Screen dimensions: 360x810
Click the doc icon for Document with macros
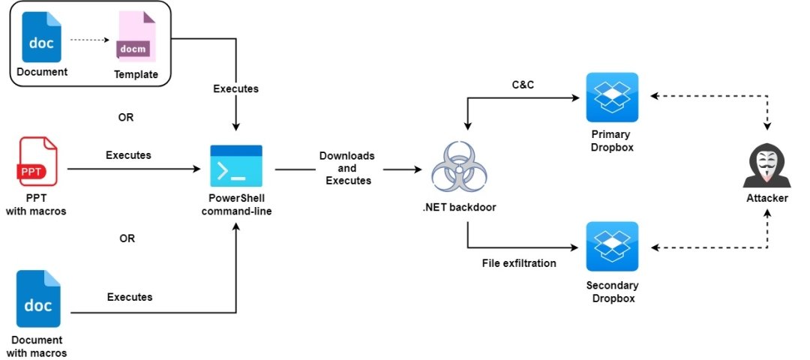pos(37,300)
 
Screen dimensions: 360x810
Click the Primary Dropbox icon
pos(612,97)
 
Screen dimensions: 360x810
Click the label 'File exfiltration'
pos(518,262)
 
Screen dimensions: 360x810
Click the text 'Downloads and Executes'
pos(346,169)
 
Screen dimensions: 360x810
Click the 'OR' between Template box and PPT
pos(127,118)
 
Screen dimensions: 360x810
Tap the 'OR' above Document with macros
pos(127,238)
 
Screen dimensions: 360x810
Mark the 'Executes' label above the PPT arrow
pos(128,155)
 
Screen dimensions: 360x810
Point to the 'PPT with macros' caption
pos(37,205)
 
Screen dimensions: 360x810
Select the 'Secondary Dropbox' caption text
pos(612,292)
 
